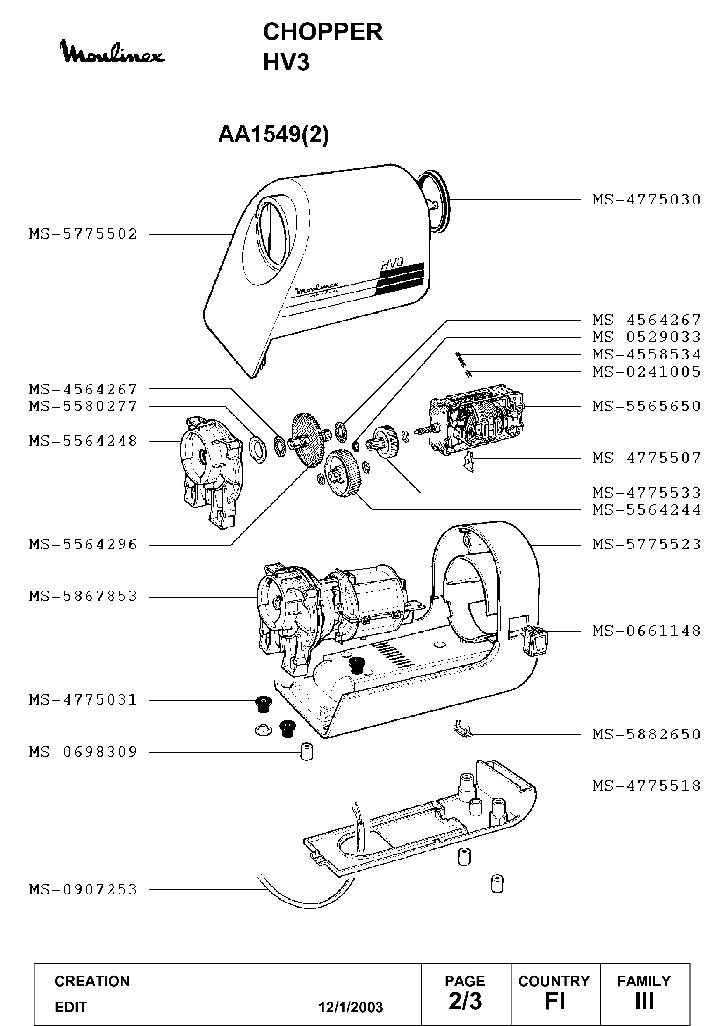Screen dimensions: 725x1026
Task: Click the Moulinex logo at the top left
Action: [x=112, y=52]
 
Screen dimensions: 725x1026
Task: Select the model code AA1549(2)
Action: [x=274, y=135]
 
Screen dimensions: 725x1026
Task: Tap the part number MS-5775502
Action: [x=84, y=234]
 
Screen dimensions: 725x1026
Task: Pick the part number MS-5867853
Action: [x=84, y=596]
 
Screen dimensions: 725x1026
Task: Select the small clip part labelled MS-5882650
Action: [x=463, y=731]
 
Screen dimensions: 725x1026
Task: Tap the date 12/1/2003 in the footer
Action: [x=350, y=1007]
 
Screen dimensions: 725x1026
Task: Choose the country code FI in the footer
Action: [x=554, y=1001]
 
